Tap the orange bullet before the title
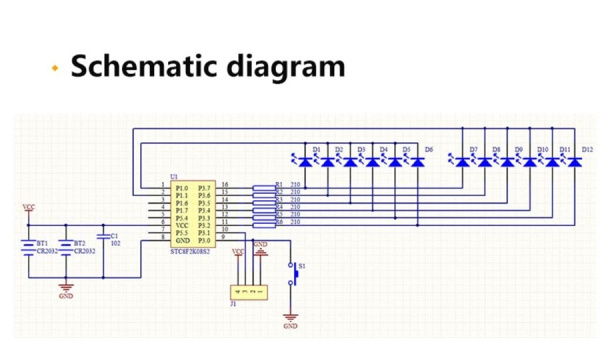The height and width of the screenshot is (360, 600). (x=56, y=68)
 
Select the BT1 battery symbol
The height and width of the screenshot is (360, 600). (x=29, y=246)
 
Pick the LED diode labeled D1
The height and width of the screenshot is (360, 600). (x=304, y=160)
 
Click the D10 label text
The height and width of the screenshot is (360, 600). (x=542, y=150)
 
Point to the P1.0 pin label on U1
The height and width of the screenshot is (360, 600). (x=180, y=186)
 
